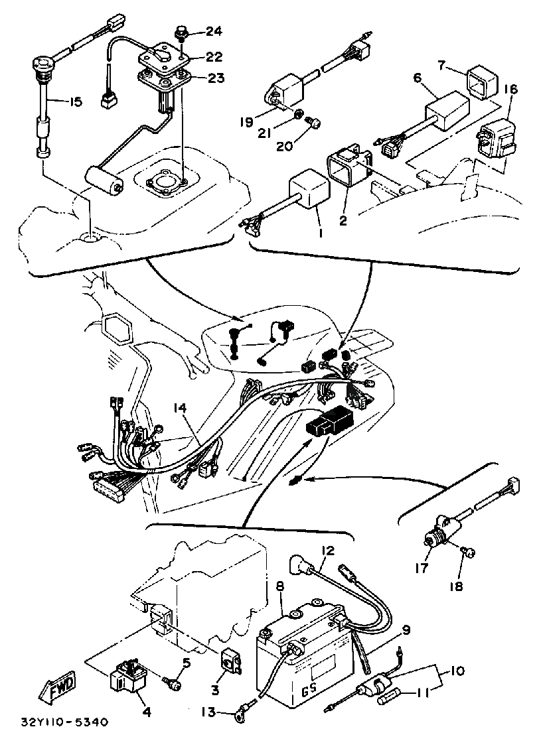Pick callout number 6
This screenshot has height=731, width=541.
click(x=417, y=78)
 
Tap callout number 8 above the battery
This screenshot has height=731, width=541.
click(x=279, y=586)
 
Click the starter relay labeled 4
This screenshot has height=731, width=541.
click(x=129, y=678)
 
